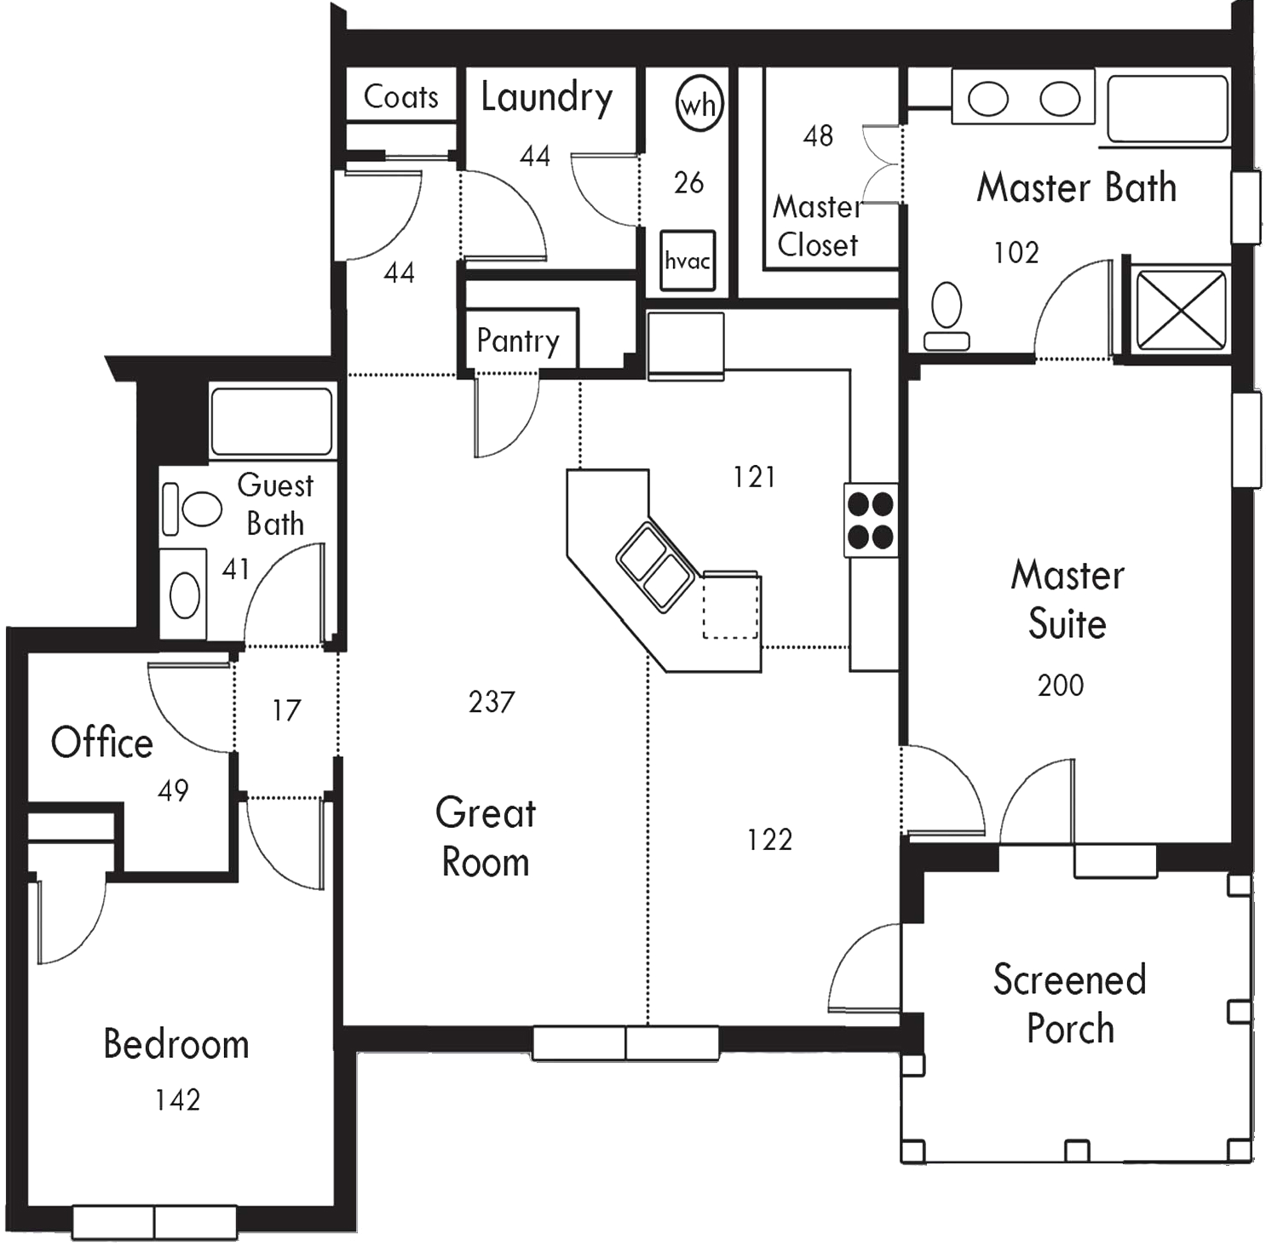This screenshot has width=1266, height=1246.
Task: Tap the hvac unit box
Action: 688,260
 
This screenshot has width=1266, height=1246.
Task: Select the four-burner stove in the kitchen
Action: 871,520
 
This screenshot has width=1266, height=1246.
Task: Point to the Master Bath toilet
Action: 947,317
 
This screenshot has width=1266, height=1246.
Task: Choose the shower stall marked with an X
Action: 1181,310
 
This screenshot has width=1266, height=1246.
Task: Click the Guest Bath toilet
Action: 193,508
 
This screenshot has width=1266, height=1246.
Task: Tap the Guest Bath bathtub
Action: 272,422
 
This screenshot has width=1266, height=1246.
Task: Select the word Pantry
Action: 518,341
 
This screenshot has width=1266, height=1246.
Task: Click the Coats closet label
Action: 400,96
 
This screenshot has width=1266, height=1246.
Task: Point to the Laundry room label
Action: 546,98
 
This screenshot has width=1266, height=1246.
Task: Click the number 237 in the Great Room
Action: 492,702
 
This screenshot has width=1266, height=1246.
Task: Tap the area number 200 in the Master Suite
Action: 1061,685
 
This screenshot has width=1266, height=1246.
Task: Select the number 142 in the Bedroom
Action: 177,1100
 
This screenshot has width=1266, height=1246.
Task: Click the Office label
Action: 102,743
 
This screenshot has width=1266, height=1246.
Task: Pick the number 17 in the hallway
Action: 286,710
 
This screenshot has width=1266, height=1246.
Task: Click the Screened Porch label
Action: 1070,1004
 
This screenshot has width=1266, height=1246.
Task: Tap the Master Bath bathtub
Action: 1168,108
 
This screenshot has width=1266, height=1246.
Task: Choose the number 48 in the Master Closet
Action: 818,135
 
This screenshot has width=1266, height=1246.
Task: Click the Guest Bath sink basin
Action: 185,594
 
